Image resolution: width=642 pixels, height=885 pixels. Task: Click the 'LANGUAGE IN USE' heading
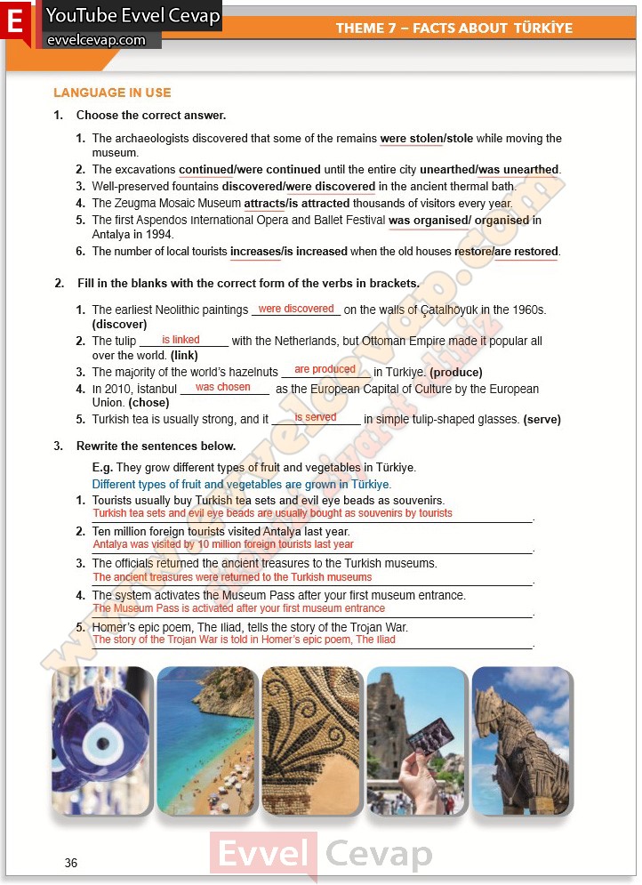[112, 93]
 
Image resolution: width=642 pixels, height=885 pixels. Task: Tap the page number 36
[71, 863]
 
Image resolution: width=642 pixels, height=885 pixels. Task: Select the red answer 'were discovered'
[296, 309]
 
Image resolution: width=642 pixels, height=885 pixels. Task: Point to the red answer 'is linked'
[181, 340]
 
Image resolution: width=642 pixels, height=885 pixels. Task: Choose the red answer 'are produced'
[325, 369]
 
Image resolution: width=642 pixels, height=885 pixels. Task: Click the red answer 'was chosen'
[222, 387]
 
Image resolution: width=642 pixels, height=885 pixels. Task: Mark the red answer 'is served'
[316, 417]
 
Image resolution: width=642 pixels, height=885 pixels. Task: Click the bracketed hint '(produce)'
[455, 373]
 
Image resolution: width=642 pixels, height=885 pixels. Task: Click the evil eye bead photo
[101, 740]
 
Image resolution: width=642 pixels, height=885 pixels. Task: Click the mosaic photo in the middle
[310, 740]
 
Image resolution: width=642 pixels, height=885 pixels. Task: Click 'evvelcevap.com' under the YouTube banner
[96, 40]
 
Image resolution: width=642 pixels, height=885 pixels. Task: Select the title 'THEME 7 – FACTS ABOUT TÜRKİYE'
[453, 28]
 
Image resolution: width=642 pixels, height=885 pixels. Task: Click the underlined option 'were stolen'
[411, 139]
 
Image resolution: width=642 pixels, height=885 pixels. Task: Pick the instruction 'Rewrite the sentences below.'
[156, 446]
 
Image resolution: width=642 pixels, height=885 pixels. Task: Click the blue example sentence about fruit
[241, 485]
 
